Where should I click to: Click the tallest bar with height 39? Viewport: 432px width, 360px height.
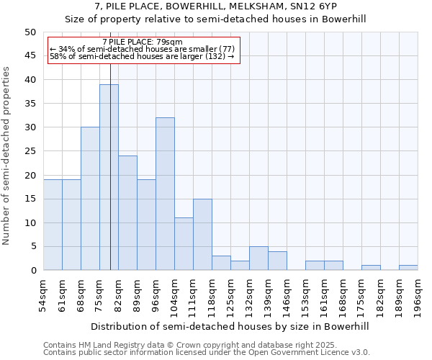(109, 177)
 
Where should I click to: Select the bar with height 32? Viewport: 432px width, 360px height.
(165, 194)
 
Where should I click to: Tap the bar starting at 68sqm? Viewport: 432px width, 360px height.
(90, 199)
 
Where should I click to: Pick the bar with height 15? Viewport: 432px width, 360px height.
(202, 235)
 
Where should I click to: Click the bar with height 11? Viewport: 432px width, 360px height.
(184, 244)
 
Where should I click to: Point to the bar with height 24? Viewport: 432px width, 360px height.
(127, 213)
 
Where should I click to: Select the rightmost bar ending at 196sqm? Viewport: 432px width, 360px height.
(408, 268)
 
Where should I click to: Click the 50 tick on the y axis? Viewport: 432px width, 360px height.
(30, 32)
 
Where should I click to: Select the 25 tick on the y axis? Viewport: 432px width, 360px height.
(30, 151)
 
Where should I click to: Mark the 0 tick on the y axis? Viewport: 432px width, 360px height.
(33, 271)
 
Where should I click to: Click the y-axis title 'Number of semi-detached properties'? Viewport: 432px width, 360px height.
(7, 156)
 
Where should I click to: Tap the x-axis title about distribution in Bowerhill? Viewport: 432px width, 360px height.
(230, 326)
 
